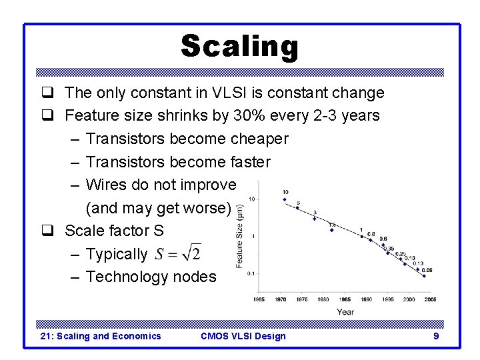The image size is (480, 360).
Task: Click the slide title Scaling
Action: coord(239,47)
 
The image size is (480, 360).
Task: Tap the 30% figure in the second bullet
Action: coord(249,115)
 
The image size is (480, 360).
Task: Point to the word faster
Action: coord(250,162)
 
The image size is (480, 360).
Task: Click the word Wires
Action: coord(106,185)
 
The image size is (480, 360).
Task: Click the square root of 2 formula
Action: coord(178,254)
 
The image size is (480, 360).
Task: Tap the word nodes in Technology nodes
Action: coord(194,277)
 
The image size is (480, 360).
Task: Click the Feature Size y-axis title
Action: coord(240,237)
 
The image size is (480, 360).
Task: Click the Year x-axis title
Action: coord(345,311)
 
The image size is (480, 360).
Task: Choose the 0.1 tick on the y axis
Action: coord(251,273)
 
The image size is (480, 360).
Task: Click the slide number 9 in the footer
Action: coord(436,336)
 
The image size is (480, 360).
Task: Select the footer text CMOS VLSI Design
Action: coord(243,336)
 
